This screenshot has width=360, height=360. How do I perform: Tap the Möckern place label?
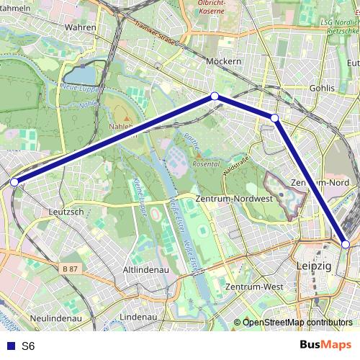tap(223, 61)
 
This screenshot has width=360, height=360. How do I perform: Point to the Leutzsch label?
tap(66, 212)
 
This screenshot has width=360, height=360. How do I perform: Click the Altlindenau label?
tap(145, 269)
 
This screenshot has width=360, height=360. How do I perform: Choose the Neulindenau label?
tap(55, 317)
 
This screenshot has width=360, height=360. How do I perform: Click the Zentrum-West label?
tap(253, 287)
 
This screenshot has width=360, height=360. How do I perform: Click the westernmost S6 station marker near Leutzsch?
tap(14, 181)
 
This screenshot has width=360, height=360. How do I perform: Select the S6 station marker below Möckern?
tap(214, 96)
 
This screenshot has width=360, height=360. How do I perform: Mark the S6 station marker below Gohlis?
tap(274, 117)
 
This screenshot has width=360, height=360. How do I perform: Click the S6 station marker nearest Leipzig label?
tap(346, 245)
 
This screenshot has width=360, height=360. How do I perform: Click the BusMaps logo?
tap(325, 345)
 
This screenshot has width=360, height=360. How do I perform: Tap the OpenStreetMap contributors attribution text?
tap(297, 323)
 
